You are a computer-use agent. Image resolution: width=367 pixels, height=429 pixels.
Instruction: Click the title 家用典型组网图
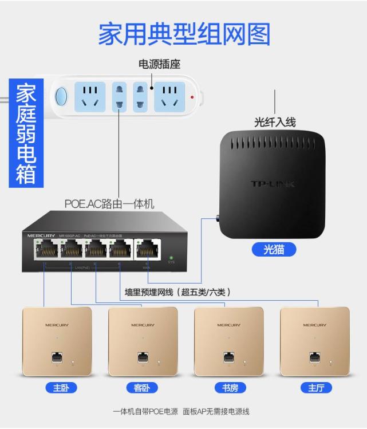(x=184, y=34)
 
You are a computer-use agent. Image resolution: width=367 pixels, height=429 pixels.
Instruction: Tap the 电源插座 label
(x=159, y=64)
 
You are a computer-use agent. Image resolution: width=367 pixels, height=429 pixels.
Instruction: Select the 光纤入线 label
(x=275, y=122)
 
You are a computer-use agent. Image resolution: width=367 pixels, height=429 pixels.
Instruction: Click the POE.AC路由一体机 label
(x=109, y=204)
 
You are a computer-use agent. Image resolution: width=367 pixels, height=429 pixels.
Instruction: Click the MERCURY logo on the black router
(x=42, y=235)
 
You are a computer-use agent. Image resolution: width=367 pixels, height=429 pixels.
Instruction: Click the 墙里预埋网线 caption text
(x=177, y=292)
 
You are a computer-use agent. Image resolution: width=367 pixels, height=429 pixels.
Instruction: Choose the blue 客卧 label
(x=141, y=388)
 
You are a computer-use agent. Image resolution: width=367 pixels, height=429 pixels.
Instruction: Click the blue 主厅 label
(x=315, y=388)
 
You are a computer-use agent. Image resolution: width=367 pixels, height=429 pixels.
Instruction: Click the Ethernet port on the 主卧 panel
(x=57, y=357)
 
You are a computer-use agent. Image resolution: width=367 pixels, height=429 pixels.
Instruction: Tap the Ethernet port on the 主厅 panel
(x=314, y=357)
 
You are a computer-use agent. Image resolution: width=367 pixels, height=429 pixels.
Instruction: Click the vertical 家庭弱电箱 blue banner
(x=26, y=134)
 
